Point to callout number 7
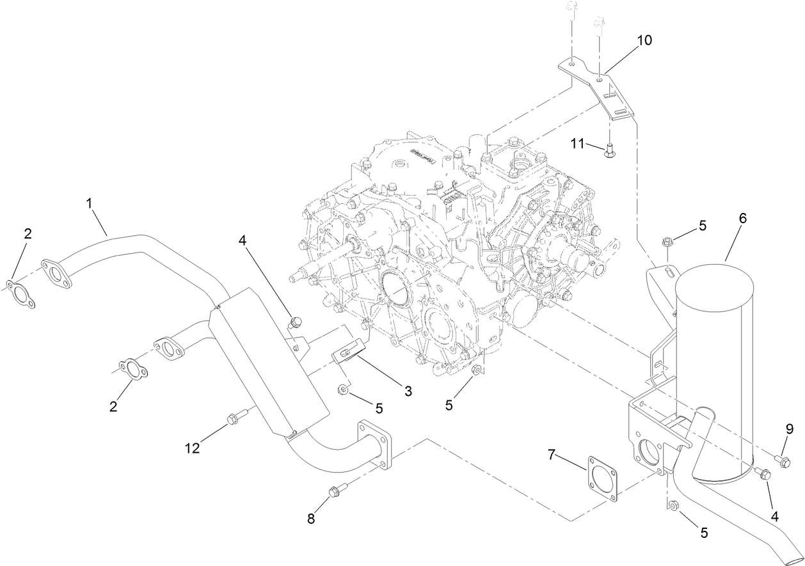552,455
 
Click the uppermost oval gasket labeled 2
21,292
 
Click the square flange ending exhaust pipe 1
375,444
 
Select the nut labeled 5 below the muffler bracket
673,506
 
